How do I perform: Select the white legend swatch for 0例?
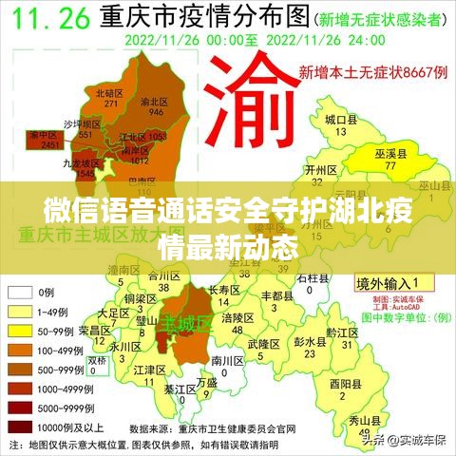pyautogui.click(x=22, y=294)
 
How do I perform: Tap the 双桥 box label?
pyautogui.click(x=98, y=361)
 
